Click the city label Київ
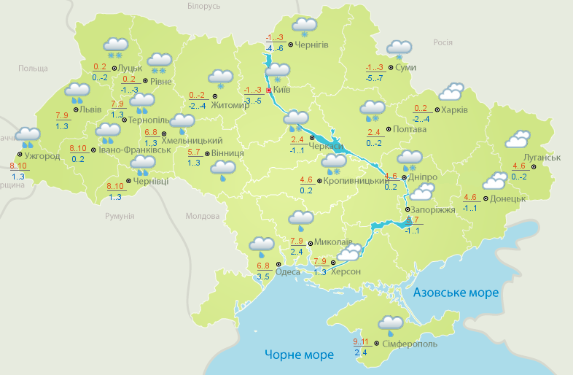[281, 90]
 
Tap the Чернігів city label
[312, 45]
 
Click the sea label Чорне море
[299, 355]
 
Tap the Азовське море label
[456, 293]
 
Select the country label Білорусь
[203, 6]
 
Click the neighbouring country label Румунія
[120, 217]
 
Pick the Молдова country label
[202, 217]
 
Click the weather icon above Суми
[399, 49]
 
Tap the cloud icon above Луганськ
[518, 139]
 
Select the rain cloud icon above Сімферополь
[391, 324]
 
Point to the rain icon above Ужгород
[28, 136]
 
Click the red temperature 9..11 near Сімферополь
[360, 341]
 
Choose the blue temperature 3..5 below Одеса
[263, 277]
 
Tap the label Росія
[443, 42]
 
